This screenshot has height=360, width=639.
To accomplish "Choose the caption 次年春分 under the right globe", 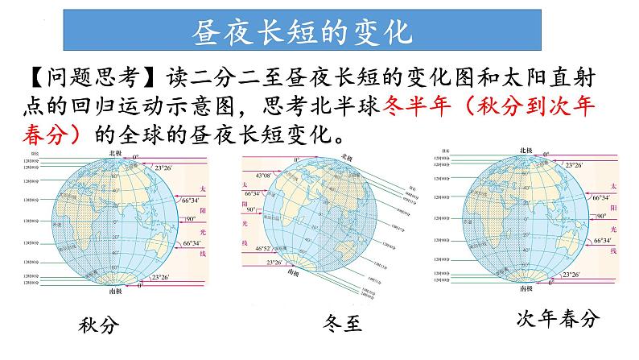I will click(558, 319).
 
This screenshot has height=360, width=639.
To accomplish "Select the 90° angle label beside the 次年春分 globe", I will click(600, 217).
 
